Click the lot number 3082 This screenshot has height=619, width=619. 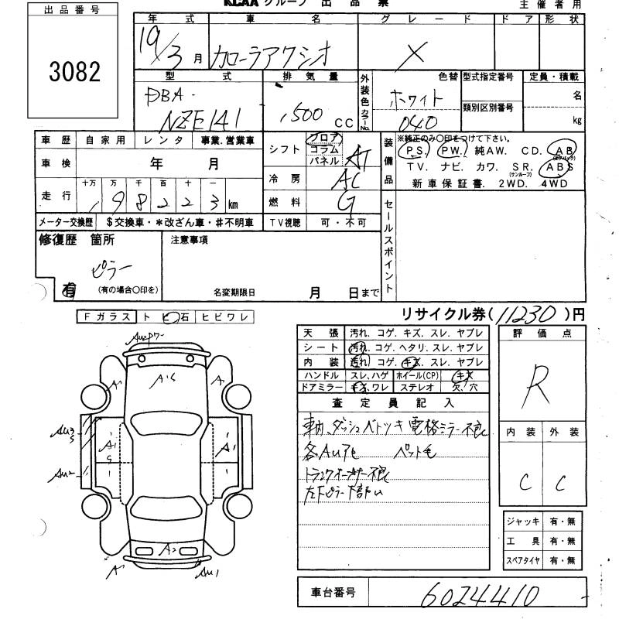pos(75,72)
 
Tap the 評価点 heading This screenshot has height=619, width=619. pos(542,333)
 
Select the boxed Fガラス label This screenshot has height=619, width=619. pos(107,316)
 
